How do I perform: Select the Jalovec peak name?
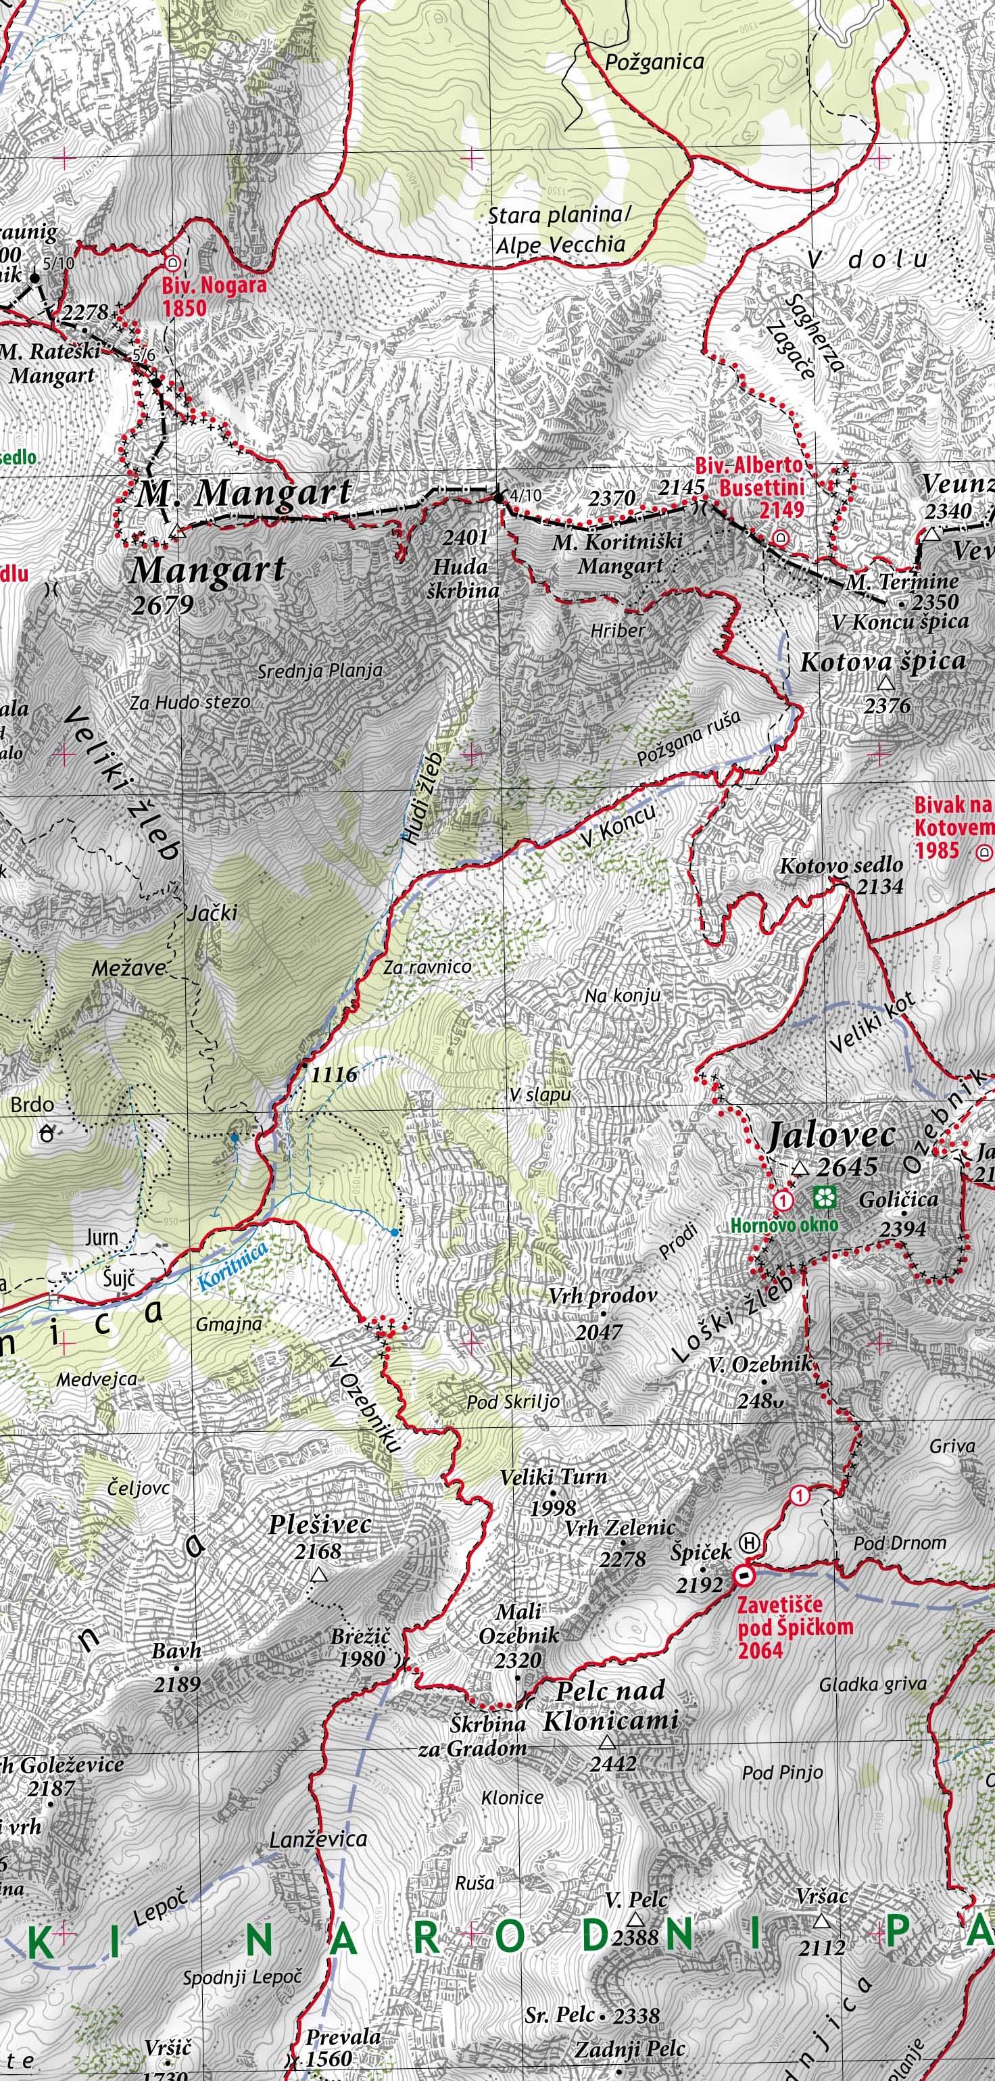click(831, 1135)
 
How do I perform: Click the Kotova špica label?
click(883, 663)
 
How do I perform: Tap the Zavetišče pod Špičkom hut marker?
click(742, 1576)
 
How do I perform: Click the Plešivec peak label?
click(320, 1525)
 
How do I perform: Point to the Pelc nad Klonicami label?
click(610, 1704)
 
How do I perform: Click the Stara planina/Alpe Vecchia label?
click(559, 231)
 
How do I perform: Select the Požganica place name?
click(654, 62)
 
